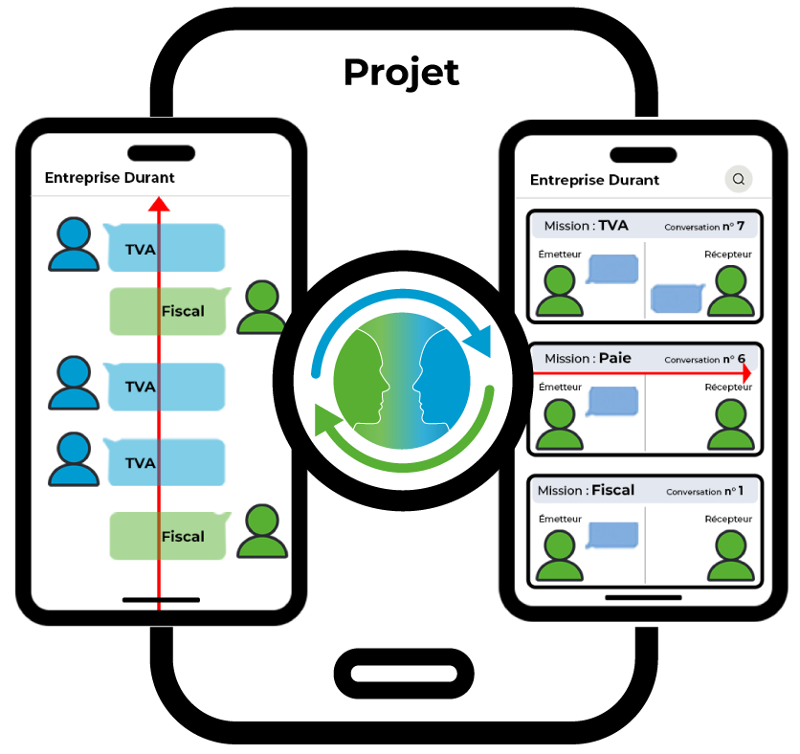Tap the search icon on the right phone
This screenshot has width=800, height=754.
click(x=738, y=179)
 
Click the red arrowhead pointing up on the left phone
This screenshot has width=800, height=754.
click(x=159, y=204)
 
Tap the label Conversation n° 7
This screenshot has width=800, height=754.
click(x=704, y=227)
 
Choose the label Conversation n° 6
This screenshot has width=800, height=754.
click(x=704, y=359)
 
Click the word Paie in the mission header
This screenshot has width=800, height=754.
click(x=615, y=358)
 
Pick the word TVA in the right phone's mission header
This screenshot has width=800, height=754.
click(x=613, y=226)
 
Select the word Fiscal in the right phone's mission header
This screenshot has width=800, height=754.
click(x=613, y=490)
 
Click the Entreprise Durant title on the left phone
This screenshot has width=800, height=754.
click(x=110, y=177)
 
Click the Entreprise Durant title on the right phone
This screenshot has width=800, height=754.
click(x=594, y=180)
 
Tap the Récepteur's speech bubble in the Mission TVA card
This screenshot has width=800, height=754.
click(x=677, y=299)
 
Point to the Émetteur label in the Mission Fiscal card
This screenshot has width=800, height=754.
click(x=560, y=519)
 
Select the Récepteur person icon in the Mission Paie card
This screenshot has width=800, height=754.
click(x=730, y=425)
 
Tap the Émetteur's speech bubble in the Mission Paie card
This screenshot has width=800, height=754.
click(x=612, y=401)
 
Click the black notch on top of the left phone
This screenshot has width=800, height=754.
click(x=161, y=153)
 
